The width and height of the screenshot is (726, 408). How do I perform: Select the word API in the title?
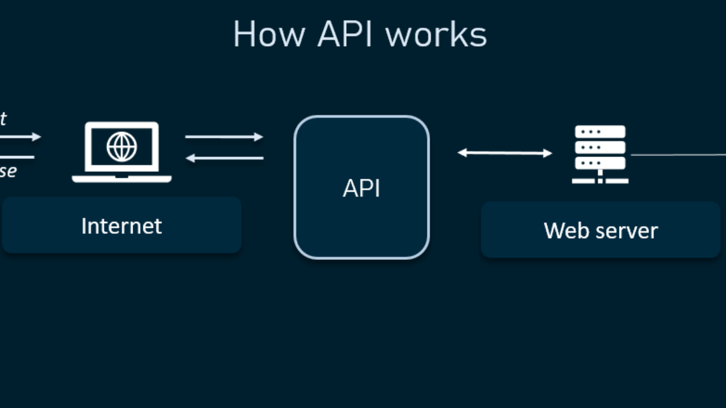point(348,34)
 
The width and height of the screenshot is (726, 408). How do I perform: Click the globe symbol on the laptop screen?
point(122,147)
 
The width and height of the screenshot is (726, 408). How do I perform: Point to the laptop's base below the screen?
point(122,178)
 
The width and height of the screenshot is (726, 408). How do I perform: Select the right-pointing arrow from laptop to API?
point(224,137)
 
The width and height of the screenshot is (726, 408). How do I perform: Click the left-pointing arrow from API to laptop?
point(224,158)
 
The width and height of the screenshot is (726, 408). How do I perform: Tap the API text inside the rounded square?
point(361,189)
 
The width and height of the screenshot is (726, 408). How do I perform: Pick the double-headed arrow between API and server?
point(505,153)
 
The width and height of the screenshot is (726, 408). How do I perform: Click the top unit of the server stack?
point(600,132)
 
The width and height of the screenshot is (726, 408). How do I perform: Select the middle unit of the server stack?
point(600,147)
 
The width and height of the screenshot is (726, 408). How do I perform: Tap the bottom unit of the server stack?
point(600,163)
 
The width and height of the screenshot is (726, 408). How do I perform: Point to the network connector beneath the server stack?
point(600,178)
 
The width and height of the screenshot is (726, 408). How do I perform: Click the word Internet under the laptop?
point(122,226)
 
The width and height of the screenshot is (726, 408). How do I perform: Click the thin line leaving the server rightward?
point(678,155)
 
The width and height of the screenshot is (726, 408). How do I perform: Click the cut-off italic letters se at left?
point(8,172)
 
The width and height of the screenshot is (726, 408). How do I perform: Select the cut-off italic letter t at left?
point(3,118)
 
